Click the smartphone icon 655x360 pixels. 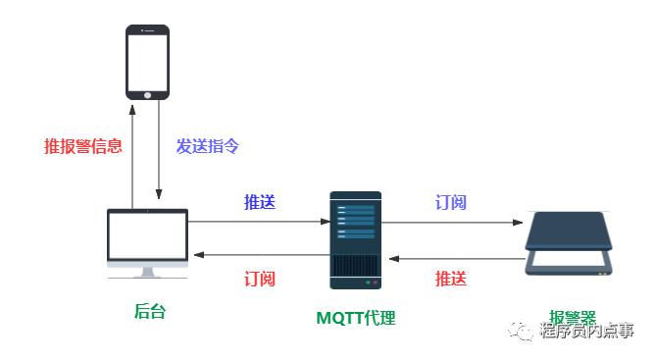point(147,62)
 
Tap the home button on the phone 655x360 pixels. point(148,94)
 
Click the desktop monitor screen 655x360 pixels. point(147,235)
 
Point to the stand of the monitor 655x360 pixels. point(147,272)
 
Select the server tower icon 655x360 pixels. point(355,240)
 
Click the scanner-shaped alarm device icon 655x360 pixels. point(569,243)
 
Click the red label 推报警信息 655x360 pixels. point(83,146)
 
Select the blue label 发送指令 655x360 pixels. point(208,146)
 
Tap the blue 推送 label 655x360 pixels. point(260,202)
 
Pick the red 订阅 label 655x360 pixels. point(260,279)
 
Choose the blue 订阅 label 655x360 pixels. point(451,202)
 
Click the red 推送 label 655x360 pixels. point(451,279)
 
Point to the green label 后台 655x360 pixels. point(149,311)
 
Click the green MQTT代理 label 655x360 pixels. point(355,318)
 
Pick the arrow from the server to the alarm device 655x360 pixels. point(451,223)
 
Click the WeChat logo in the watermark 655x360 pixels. point(520,330)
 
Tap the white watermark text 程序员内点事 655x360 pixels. point(586,331)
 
